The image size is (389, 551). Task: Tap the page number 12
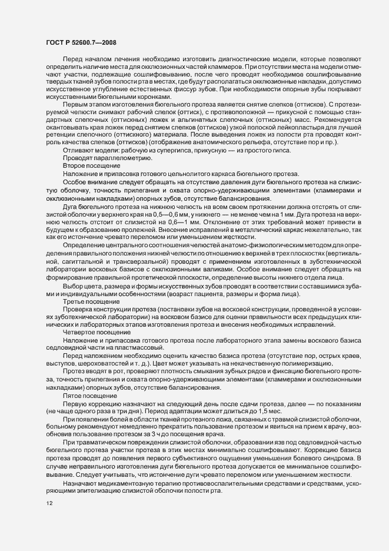(x=50, y=502)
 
